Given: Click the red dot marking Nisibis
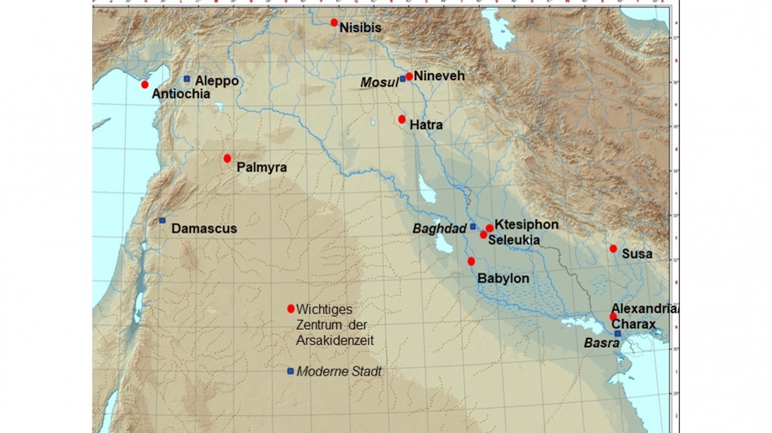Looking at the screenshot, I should [x=334, y=23].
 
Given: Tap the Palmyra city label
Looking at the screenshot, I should [x=261, y=168].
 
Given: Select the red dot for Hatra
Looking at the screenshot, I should [x=402, y=119].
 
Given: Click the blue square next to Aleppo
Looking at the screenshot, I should [x=187, y=79].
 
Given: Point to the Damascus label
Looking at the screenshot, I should [x=204, y=228].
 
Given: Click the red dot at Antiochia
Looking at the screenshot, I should [x=145, y=84].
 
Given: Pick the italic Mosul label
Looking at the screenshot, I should [x=379, y=82].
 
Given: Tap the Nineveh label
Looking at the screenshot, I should [x=439, y=76].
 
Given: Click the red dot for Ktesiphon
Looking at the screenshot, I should [x=490, y=228].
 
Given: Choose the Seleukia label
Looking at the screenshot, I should [x=513, y=240].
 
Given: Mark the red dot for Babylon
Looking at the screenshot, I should [x=471, y=261].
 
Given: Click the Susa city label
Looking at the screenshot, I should [x=637, y=254].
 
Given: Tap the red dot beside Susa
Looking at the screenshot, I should [x=613, y=248].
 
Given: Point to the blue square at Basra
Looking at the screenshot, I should [x=618, y=334].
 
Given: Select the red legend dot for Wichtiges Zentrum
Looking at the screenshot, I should [x=291, y=308].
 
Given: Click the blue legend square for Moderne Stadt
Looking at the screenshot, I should [x=291, y=371].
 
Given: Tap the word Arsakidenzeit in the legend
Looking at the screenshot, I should [x=335, y=340].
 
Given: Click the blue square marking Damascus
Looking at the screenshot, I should [x=162, y=221].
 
